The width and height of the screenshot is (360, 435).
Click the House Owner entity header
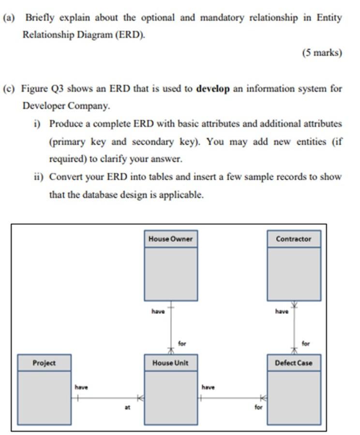click(x=170, y=239)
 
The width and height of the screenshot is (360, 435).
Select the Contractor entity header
click(x=294, y=239)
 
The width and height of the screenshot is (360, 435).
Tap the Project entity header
click(x=44, y=363)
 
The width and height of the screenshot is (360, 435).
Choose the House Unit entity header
click(x=170, y=363)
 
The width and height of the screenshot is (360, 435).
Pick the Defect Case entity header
click(x=294, y=363)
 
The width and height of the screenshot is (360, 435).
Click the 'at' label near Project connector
click(x=127, y=408)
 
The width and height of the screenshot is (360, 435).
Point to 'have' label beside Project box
click(x=81, y=387)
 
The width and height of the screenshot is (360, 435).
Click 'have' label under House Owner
click(x=158, y=311)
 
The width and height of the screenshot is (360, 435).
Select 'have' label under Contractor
click(x=282, y=311)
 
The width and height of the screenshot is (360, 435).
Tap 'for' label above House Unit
click(x=182, y=343)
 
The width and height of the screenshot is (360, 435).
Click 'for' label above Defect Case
click(x=305, y=343)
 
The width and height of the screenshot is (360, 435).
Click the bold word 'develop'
click(x=213, y=89)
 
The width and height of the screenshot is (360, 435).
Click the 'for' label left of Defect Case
click(x=258, y=407)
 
